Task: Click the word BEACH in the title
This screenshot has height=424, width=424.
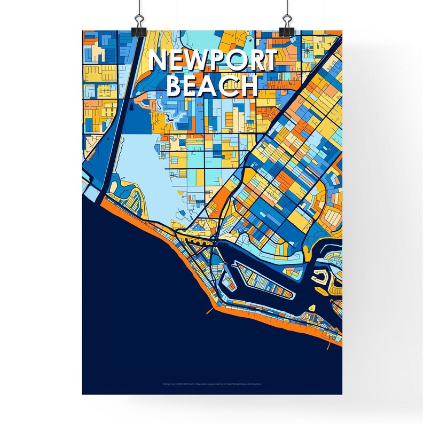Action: coord(213,85)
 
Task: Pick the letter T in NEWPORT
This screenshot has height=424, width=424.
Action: coord(269,61)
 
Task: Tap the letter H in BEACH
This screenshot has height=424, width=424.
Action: coord(248,85)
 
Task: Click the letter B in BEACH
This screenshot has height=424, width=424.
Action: coord(177,85)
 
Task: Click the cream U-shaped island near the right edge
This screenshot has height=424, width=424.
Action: coord(320,277)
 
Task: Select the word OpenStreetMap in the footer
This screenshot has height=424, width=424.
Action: coord(240,383)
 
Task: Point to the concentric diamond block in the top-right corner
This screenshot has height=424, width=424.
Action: coord(308,50)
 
